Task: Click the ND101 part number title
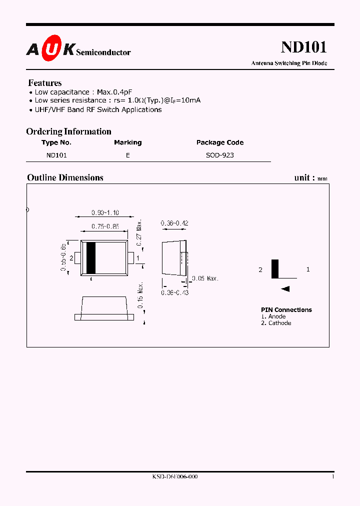coord(303,47)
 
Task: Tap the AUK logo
coord(50,49)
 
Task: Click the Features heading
coord(45,83)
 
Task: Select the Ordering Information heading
coord(68,131)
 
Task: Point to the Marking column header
coord(127,142)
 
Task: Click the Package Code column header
coord(220,142)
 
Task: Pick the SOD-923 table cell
coord(220,155)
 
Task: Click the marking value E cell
coord(128,155)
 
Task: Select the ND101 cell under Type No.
coord(56,155)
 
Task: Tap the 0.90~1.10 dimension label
coord(105,212)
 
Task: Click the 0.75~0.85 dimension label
coord(105,226)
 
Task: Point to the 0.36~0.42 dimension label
coord(174,223)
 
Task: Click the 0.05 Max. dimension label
coord(205,278)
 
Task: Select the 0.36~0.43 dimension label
coord(174,292)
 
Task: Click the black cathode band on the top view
coord(91,258)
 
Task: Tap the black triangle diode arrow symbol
coord(285,288)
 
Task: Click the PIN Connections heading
coord(286,310)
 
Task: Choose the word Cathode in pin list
coord(279,323)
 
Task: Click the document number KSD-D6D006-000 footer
coord(175,477)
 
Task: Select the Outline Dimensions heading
coord(65,177)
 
